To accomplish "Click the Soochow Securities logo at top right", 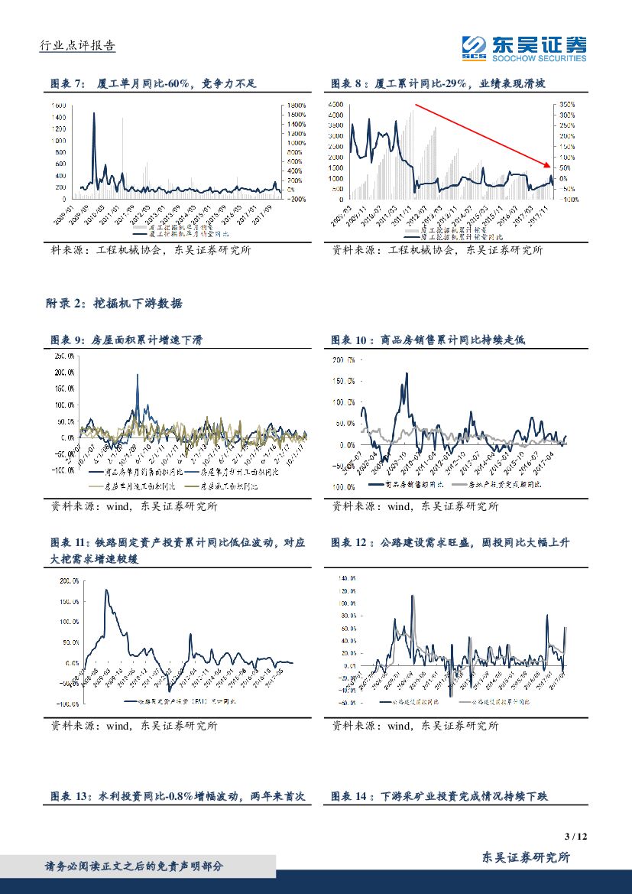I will [524, 49].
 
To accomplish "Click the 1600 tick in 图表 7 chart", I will [58, 105].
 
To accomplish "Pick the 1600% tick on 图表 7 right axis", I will [296, 105].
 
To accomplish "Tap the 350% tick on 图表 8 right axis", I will [566, 104].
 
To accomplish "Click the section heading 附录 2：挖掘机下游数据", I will [115, 304].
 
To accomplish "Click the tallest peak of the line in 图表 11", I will [106, 590].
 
